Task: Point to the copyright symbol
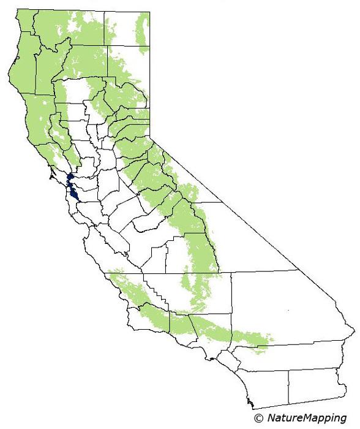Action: [x=258, y=418]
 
